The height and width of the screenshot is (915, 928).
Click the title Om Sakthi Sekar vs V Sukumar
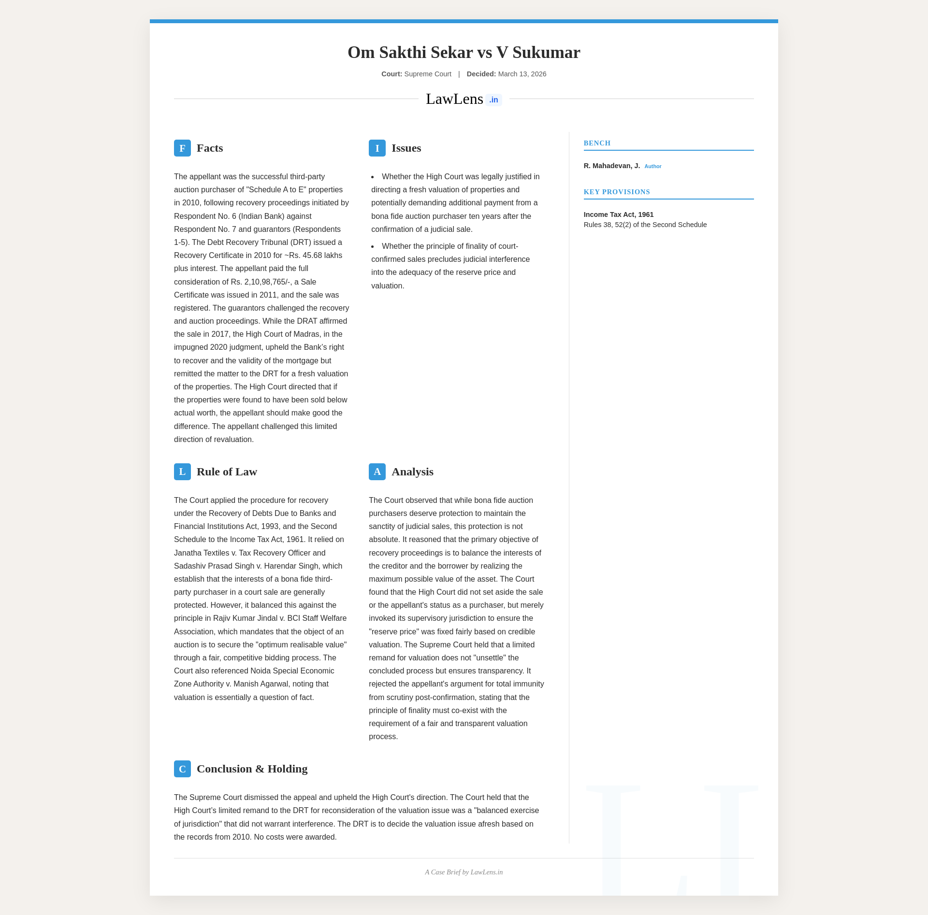pyautogui.click(x=464, y=52)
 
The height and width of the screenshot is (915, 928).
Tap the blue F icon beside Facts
pyautogui.click(x=182, y=148)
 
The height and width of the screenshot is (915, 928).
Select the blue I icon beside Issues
pyautogui.click(x=377, y=148)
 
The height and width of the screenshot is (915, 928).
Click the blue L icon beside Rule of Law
pyautogui.click(x=182, y=472)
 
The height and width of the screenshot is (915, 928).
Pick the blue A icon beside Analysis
pyautogui.click(x=377, y=472)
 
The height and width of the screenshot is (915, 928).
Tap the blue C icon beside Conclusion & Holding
pyautogui.click(x=182, y=769)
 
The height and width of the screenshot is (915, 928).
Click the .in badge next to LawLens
pyautogui.click(x=493, y=100)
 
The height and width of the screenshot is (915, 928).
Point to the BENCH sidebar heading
pyautogui.click(x=597, y=143)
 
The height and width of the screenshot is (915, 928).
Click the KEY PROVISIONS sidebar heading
pyautogui.click(x=617, y=192)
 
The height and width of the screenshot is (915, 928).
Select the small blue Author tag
pyautogui.click(x=652, y=166)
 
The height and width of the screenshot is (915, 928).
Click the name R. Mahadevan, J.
pyautogui.click(x=611, y=166)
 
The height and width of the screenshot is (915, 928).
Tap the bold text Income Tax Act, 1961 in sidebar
pyautogui.click(x=618, y=214)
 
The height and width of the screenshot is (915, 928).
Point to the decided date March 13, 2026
pyautogui.click(x=522, y=74)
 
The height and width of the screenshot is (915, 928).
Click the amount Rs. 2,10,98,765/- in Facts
pyautogui.click(x=261, y=282)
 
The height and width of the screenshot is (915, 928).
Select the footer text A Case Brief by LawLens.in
pyautogui.click(x=464, y=872)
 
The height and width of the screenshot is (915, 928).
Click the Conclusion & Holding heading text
pyautogui.click(x=252, y=769)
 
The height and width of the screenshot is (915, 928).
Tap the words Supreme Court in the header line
pyautogui.click(x=428, y=74)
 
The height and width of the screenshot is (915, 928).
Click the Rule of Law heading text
pyautogui.click(x=227, y=472)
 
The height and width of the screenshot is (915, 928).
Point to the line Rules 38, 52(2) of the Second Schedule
pyautogui.click(x=645, y=225)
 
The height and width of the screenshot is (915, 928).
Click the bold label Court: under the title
pyautogui.click(x=391, y=74)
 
